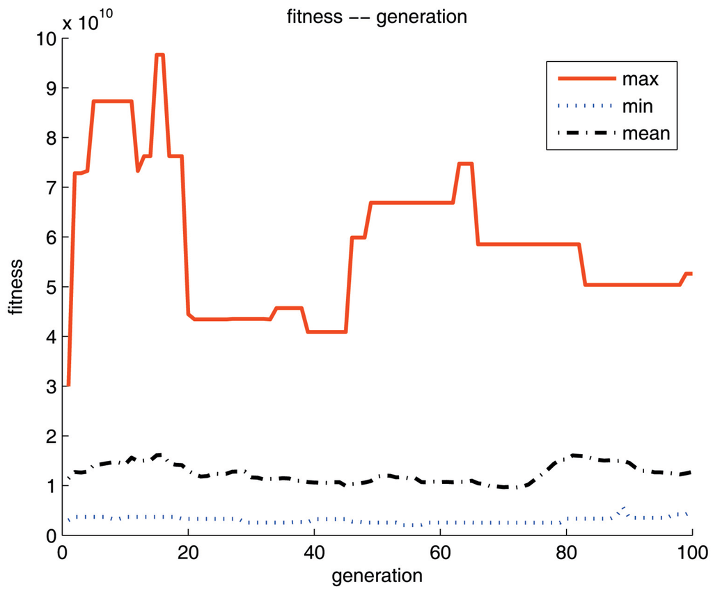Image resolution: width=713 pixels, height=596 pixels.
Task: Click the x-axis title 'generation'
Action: [x=377, y=576]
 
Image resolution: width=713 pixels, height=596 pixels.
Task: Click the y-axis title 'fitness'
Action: [x=16, y=287]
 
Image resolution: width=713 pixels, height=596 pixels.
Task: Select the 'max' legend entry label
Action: [x=641, y=78]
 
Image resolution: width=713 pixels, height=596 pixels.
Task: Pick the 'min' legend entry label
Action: [x=639, y=106]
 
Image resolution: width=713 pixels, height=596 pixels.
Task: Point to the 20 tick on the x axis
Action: [x=189, y=550]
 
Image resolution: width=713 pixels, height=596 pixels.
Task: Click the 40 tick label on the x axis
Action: [x=314, y=550]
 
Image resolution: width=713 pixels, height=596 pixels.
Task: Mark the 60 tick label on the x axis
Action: [x=440, y=550]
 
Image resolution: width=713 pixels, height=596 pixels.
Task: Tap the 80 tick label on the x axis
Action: [x=566, y=550]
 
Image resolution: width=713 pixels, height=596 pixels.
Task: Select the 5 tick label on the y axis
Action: [x=49, y=287]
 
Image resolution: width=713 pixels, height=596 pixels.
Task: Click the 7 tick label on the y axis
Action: [x=49, y=188]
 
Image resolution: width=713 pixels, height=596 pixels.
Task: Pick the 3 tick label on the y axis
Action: [x=49, y=386]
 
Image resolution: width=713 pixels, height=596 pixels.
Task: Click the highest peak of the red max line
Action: [x=160, y=54]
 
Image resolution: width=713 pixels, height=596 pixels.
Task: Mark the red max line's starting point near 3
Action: [x=68, y=385]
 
